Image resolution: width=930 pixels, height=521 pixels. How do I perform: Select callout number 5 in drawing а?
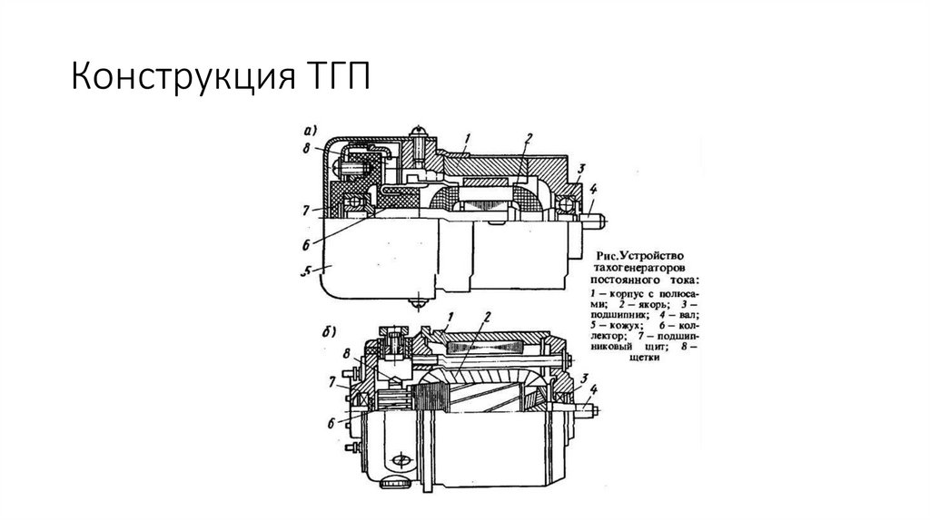coord(307,270)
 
